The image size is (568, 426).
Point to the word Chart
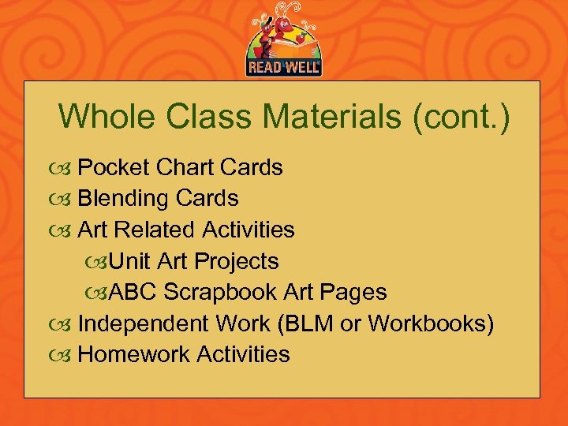(x=185, y=167)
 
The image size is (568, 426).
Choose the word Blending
(x=124, y=199)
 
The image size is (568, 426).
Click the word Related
(x=158, y=230)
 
